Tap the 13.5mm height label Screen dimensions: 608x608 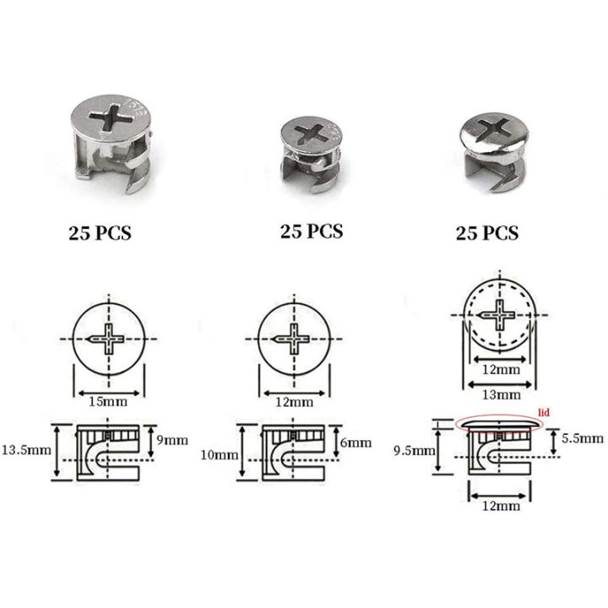pyautogui.click(x=27, y=449)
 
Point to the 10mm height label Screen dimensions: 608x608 pyautogui.click(x=221, y=455)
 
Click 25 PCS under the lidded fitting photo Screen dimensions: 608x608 pyautogui.click(x=487, y=232)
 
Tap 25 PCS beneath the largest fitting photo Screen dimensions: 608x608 pyautogui.click(x=100, y=233)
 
